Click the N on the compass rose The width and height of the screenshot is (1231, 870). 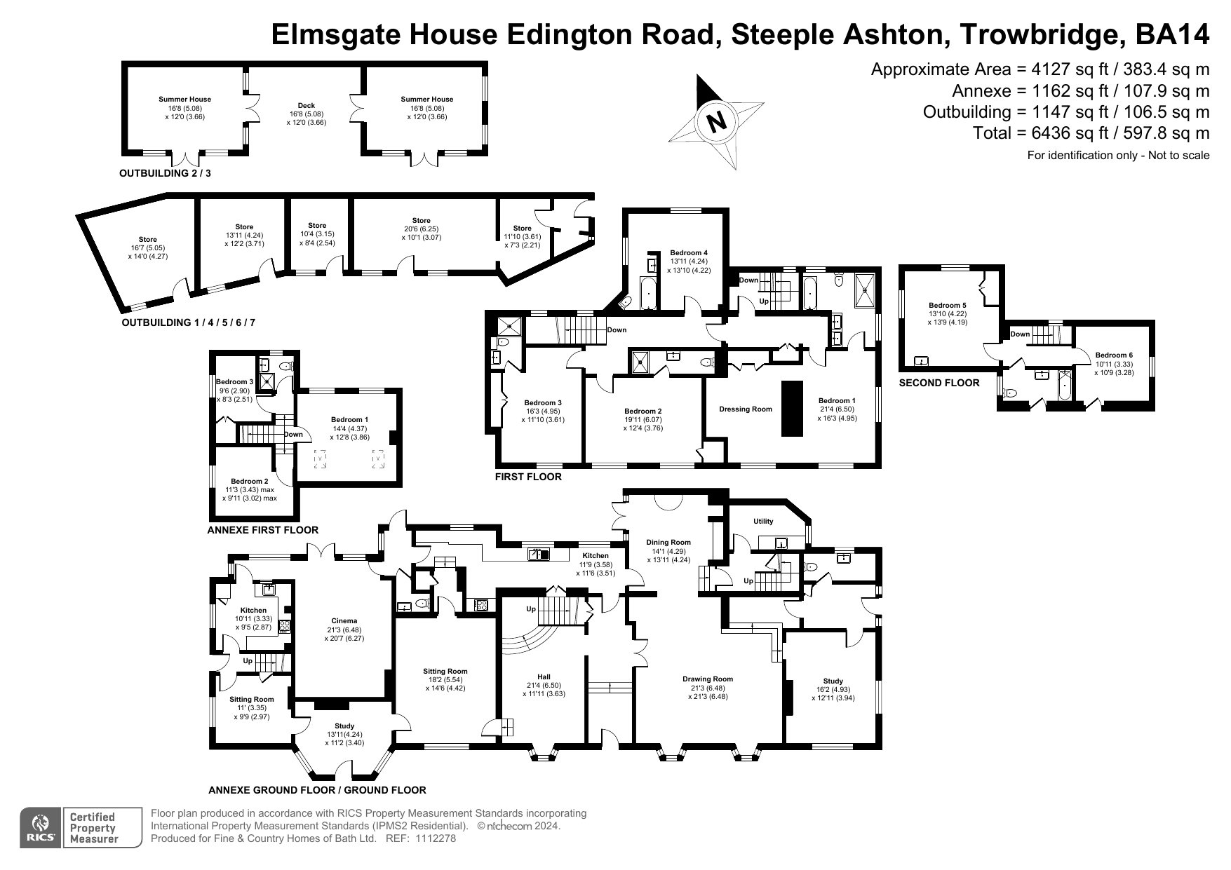point(716,123)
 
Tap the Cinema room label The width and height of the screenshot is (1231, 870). point(344,620)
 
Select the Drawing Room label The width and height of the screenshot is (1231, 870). point(708,679)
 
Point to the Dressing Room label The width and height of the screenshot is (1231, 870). point(745,409)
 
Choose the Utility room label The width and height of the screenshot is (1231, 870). point(763,521)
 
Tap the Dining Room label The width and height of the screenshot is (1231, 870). point(668,542)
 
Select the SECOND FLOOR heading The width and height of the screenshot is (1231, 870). point(939,383)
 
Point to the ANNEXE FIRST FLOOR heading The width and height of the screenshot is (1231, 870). point(263,530)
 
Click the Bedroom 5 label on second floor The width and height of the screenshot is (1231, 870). point(948,306)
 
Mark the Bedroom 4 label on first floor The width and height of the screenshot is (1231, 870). point(689,253)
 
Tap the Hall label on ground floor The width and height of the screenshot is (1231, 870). point(544,677)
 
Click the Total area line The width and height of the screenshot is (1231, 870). point(1091,133)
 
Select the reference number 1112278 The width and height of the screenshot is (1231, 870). point(436,838)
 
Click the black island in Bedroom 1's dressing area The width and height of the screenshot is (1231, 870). point(793,408)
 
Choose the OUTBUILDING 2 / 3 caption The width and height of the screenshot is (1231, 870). point(165,173)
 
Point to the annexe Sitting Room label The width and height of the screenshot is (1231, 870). point(252,699)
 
